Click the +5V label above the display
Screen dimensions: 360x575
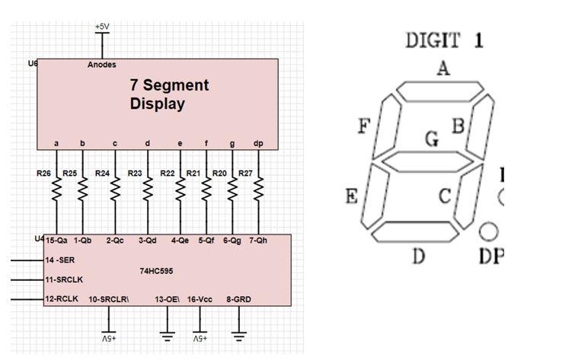(x=103, y=26)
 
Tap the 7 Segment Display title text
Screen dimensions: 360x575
(x=169, y=94)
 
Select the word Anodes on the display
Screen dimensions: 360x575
(x=102, y=65)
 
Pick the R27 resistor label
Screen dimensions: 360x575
(x=245, y=174)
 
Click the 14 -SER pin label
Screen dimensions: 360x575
(x=60, y=260)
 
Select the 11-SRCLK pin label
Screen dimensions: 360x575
(x=64, y=279)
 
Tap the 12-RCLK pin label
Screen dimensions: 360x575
(x=62, y=299)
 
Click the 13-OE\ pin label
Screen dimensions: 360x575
(x=168, y=299)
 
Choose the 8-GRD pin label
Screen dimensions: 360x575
(x=239, y=299)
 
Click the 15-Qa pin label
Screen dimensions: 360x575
(x=56, y=241)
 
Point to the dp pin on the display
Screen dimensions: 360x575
(x=258, y=143)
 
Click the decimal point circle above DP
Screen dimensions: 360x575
(x=490, y=230)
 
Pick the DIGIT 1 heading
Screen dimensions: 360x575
(x=444, y=40)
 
